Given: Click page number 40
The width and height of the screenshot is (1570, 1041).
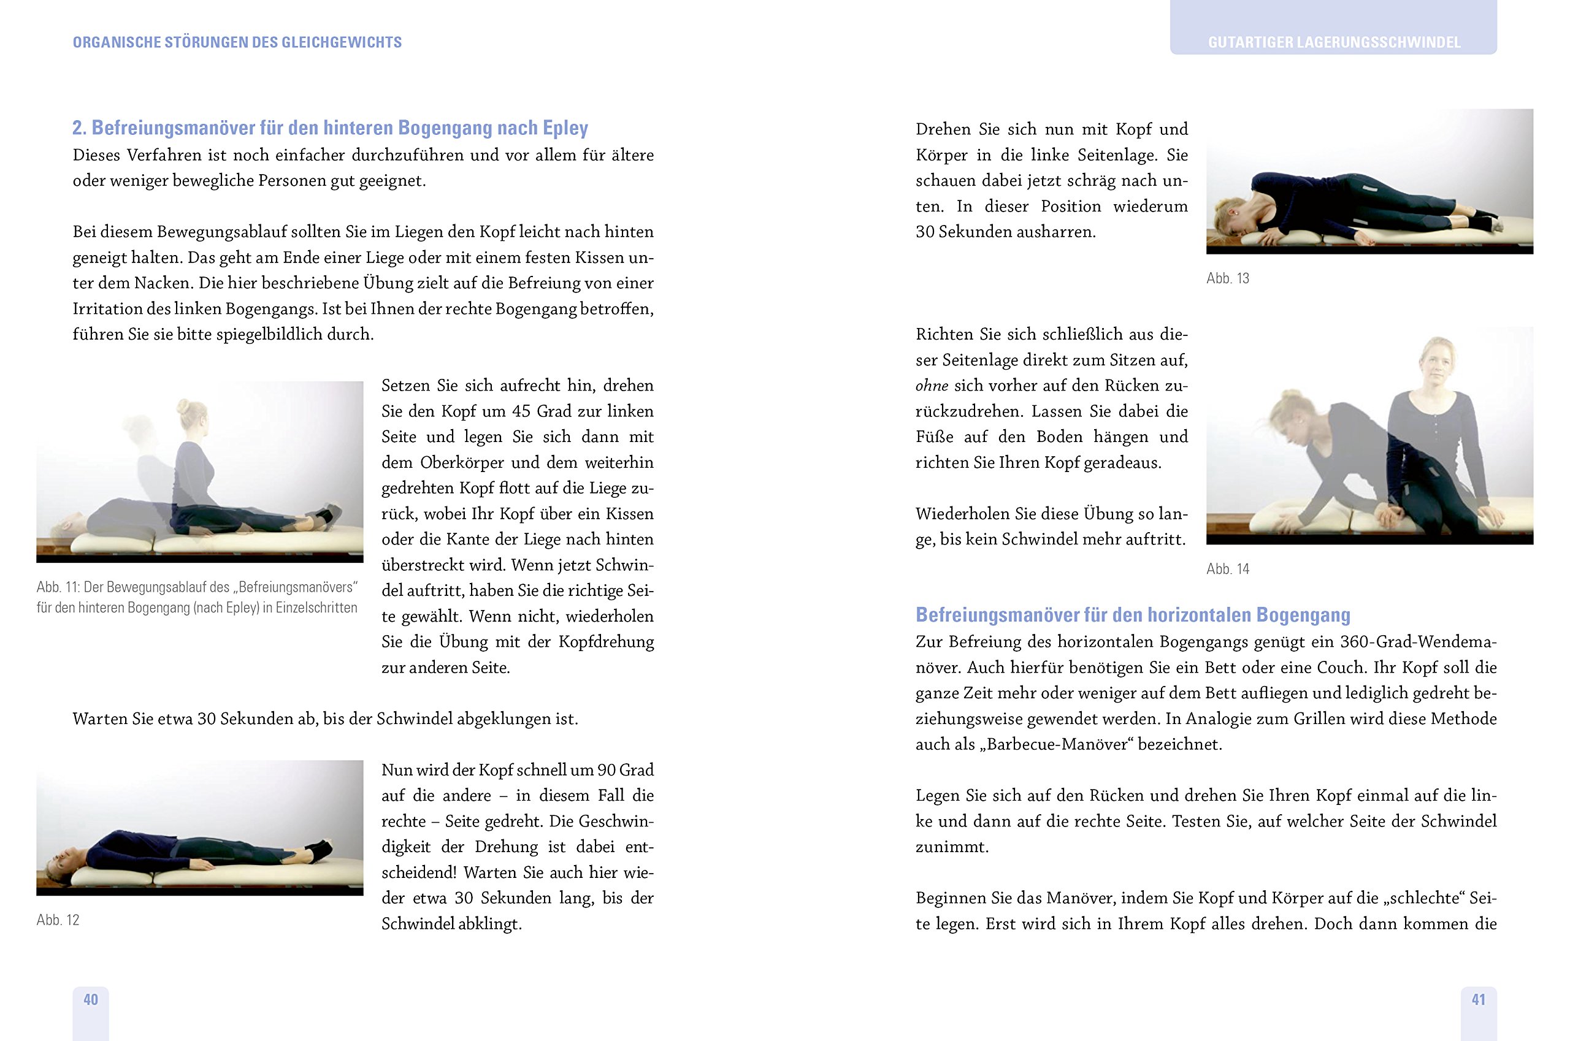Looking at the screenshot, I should (x=90, y=999).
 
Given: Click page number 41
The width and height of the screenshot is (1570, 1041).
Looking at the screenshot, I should (x=1479, y=999).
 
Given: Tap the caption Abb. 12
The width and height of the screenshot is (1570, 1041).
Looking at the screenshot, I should (x=58, y=920).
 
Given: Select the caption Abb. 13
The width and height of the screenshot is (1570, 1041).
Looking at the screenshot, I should (x=1227, y=278).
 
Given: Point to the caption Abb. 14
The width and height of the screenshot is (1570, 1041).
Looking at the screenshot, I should (x=1227, y=569).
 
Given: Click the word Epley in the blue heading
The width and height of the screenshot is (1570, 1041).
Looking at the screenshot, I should (x=565, y=128).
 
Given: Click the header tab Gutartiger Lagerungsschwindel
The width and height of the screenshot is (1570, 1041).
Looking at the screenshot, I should (x=1333, y=42).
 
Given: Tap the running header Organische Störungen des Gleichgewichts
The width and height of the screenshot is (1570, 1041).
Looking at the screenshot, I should (x=237, y=42).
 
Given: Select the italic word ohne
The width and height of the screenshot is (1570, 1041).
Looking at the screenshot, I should (x=931, y=386).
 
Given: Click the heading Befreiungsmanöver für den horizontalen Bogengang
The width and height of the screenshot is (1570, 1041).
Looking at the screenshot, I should (x=1132, y=615).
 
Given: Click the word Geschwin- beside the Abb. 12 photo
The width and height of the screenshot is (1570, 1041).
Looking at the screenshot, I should (x=616, y=822).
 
